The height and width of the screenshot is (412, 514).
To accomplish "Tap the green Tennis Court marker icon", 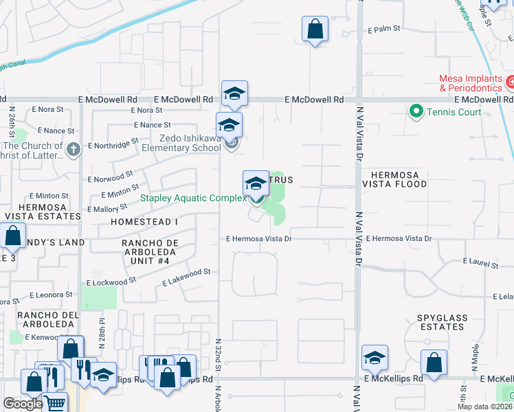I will click(x=415, y=111).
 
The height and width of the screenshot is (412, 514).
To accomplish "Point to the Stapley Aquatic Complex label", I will click(x=193, y=198).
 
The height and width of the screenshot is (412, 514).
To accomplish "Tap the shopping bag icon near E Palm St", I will click(x=315, y=30).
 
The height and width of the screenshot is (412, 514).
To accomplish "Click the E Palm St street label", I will click(x=383, y=30).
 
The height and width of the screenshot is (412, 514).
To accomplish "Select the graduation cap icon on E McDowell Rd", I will click(x=234, y=94).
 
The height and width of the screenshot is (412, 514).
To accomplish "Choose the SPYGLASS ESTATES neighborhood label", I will click(x=440, y=322).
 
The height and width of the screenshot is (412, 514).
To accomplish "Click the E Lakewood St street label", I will click(x=186, y=276).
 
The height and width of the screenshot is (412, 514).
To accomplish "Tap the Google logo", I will click(x=22, y=404).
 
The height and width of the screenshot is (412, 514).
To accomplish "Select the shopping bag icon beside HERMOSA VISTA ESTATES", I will click(x=13, y=236).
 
